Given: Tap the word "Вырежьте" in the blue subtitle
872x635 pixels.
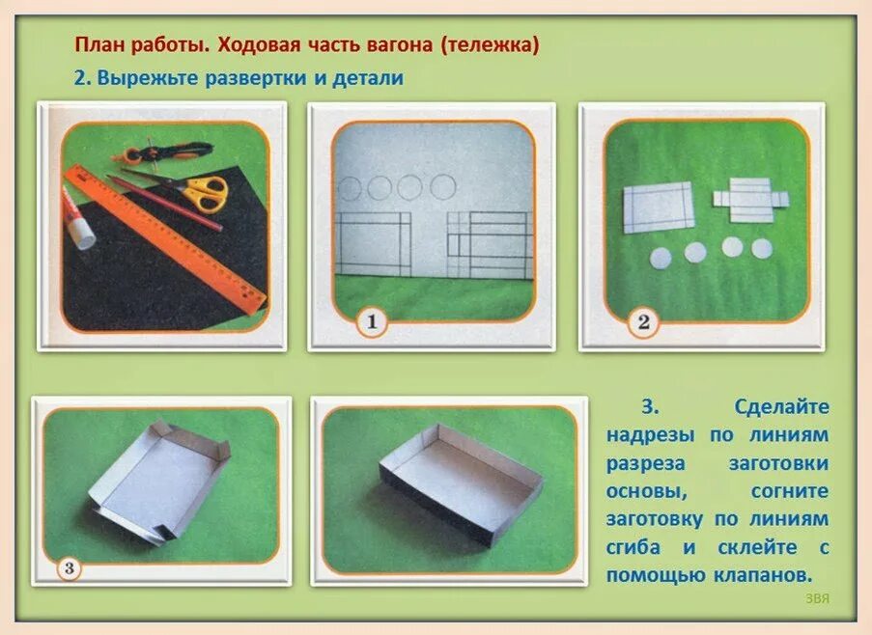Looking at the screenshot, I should pyautogui.click(x=142, y=79).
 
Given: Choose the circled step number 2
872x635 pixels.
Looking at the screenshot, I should pyautogui.click(x=643, y=322).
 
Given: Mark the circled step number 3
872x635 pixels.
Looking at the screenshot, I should pyautogui.click(x=68, y=567).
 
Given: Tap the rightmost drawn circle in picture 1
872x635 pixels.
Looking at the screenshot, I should pyautogui.click(x=442, y=186).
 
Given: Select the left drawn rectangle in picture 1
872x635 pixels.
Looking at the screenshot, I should pyautogui.click(x=373, y=245).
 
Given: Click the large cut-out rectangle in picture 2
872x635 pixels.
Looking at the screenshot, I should pyautogui.click(x=658, y=207).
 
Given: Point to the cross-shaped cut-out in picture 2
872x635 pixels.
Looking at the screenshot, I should pyautogui.click(x=751, y=200).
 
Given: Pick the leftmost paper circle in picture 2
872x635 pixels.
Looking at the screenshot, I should pyautogui.click(x=661, y=258).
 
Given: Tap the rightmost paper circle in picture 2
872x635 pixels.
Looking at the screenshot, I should pyautogui.click(x=763, y=248).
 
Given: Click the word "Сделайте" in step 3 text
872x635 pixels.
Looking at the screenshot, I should pyautogui.click(x=781, y=407).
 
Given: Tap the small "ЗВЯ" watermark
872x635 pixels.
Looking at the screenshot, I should pyautogui.click(x=817, y=598).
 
